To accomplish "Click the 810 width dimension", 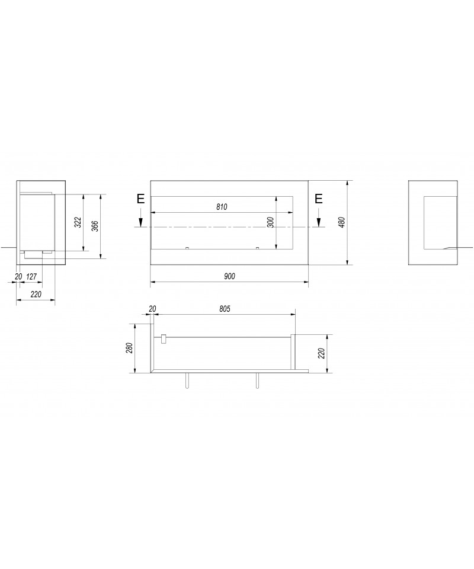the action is coord(221,207).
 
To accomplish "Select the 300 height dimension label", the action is coord(271,222).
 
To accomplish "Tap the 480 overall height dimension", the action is coord(342,222).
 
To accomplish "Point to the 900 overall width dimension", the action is coord(229,276).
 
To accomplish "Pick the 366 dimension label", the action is coord(95,226).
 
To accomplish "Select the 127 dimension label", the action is coord(31,277).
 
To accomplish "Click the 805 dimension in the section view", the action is coord(225,309).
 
